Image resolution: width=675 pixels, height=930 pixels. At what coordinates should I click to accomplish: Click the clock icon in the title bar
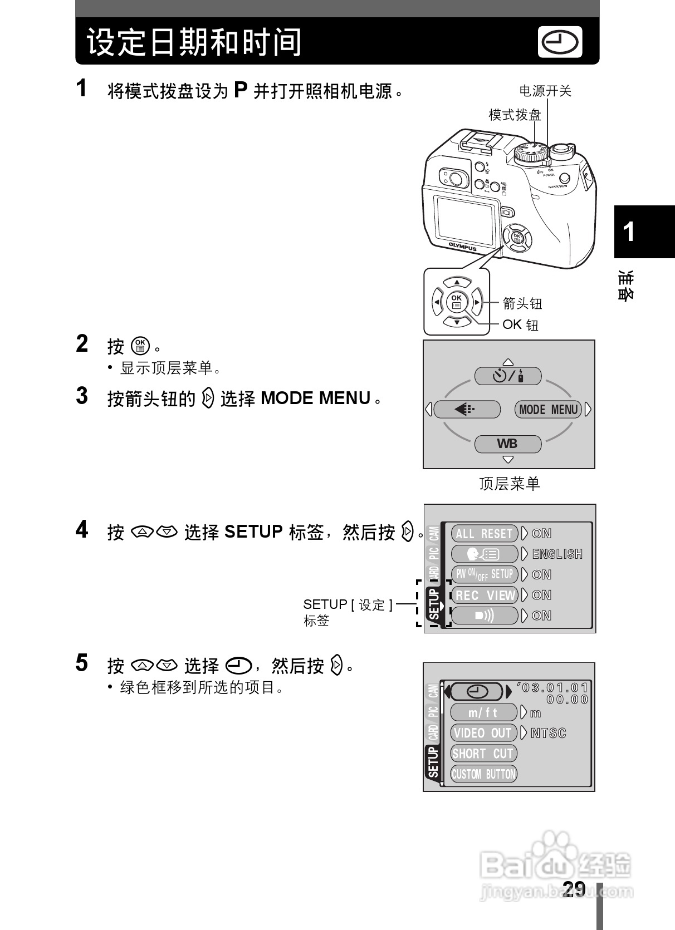point(560,42)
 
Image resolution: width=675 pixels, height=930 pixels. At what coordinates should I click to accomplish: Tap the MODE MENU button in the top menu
point(548,410)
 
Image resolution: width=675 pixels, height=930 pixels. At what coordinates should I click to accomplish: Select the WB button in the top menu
point(507,444)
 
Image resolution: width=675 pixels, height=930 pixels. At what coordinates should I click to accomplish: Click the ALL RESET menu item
point(484,534)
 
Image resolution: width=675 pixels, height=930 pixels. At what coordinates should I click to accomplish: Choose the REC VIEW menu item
point(484,596)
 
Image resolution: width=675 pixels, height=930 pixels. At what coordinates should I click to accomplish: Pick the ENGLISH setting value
point(557,554)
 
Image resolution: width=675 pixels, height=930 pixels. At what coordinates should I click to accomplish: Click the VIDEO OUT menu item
point(483,733)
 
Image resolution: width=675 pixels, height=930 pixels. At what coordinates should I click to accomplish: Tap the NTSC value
point(548,733)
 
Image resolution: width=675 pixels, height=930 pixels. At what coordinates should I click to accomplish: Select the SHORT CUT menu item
point(483,754)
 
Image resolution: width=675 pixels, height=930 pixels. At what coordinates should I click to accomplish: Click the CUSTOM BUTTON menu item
point(483,774)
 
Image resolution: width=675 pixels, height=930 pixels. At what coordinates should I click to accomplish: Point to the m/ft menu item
point(483,712)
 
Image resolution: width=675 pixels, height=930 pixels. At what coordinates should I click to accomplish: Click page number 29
point(574,889)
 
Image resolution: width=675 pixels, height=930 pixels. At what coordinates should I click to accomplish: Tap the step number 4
point(82,529)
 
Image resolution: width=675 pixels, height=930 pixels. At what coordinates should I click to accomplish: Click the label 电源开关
point(545,91)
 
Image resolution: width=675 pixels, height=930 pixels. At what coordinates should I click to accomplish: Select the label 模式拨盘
point(515,115)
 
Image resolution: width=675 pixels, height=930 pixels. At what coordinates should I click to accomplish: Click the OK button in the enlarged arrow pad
point(456,302)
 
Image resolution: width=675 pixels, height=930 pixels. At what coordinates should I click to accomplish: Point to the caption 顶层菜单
point(509,484)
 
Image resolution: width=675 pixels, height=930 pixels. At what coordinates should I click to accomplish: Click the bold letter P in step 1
point(240,90)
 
